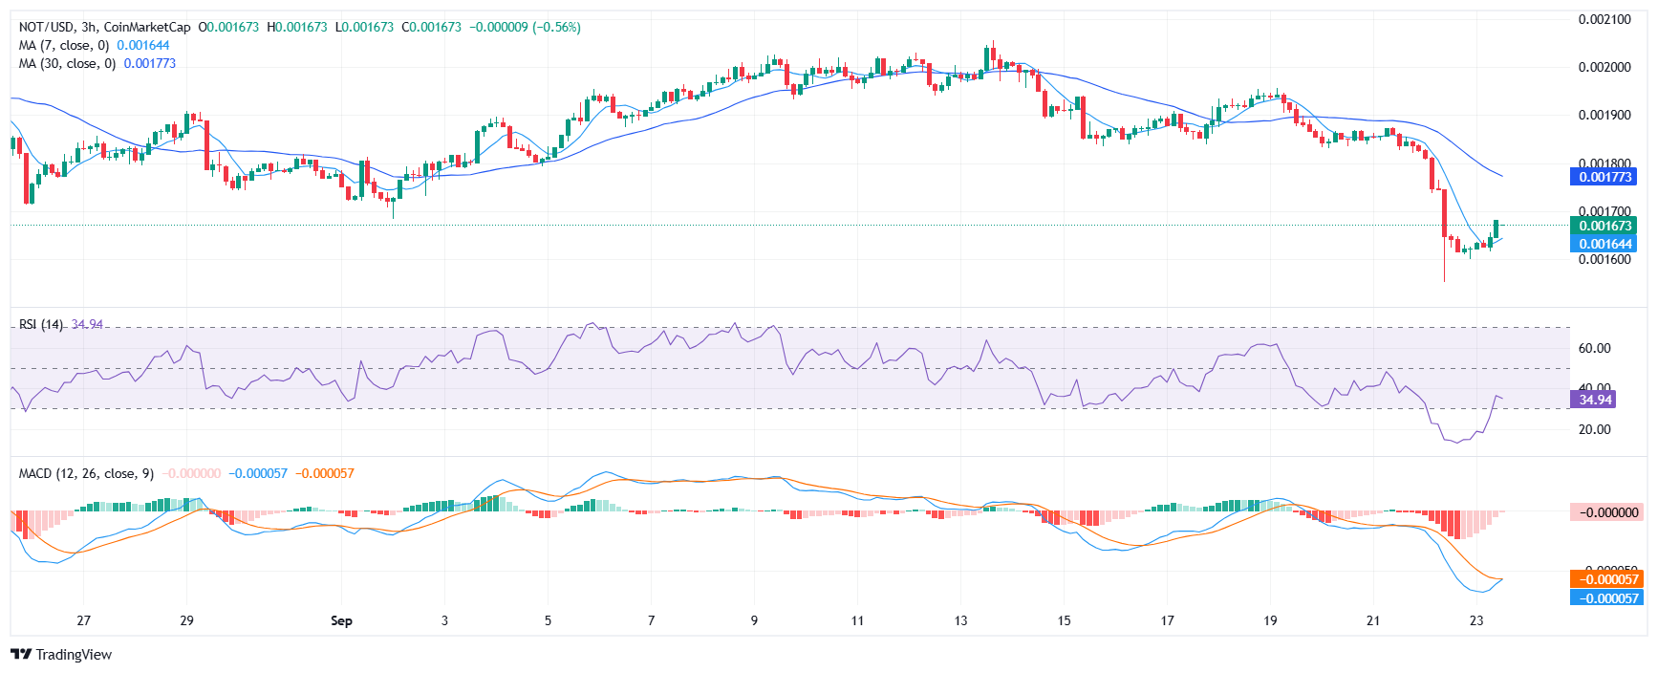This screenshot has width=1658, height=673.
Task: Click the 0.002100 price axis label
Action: coord(1604,19)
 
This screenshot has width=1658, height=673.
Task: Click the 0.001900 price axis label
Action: coord(1604,115)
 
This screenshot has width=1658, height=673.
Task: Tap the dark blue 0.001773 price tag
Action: coord(1604,177)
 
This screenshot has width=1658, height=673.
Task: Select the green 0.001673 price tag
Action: coord(1604,226)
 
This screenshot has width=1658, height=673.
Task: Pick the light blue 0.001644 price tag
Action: coord(1604,244)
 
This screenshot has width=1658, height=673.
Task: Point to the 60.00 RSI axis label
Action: coord(1594,348)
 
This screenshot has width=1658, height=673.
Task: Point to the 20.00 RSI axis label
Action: coord(1594,429)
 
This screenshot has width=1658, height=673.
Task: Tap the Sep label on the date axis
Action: coord(341,620)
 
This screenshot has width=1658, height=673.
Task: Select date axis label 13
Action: coord(960,620)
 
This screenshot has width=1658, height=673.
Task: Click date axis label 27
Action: coord(84,620)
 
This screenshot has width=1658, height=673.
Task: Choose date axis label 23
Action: coord(1476,620)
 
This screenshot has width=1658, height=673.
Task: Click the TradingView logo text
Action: coord(73,655)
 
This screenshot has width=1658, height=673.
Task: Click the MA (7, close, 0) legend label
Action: coord(64,45)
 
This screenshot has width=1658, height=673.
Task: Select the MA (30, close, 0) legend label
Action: coord(67,63)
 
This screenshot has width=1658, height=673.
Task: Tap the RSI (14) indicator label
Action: coord(41,324)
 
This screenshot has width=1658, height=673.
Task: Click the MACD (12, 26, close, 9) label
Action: coord(86,473)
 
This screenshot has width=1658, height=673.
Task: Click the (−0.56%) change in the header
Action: coord(556,27)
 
